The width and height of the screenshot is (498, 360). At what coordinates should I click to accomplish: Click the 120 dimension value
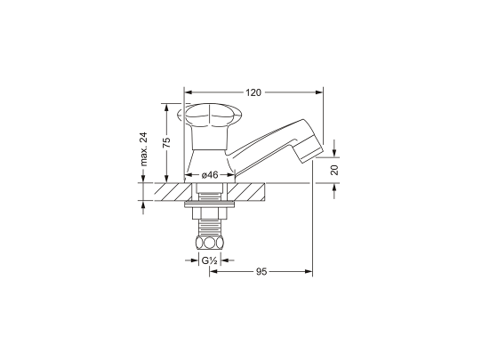pos(253,92)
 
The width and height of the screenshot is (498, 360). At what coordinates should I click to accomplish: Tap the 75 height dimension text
pos(166,142)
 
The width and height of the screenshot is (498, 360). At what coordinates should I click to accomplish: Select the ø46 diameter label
pos(210,174)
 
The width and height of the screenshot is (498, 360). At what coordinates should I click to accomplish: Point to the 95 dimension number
pos(261,271)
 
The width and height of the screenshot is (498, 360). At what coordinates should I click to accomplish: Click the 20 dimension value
pos(334,170)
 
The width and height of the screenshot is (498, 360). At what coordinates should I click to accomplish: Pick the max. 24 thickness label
pos(143,149)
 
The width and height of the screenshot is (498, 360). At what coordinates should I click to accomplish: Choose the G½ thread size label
pos(210,260)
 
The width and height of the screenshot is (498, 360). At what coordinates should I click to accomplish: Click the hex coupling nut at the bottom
pos(210,244)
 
